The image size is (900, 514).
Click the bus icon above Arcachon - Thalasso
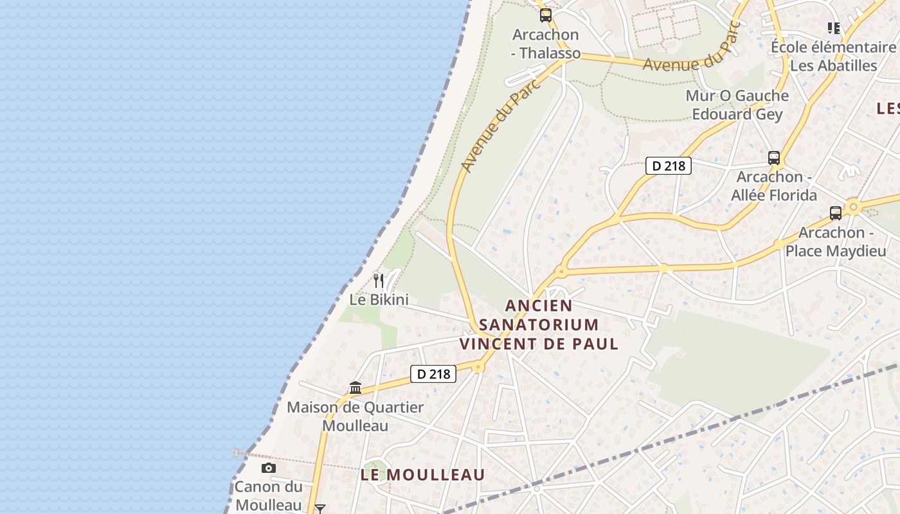(545, 15)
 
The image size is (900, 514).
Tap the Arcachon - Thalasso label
(546, 44)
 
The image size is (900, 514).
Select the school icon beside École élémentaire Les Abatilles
(833, 28)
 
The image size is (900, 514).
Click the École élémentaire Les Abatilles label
(833, 57)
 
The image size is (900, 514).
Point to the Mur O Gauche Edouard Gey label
(737, 105)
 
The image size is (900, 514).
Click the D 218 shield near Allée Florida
(668, 166)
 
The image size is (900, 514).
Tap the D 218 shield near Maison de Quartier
(433, 373)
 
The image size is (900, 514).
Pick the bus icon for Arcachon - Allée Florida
(774, 158)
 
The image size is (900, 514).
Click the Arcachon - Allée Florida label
(774, 186)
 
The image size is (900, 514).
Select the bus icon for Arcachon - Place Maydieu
(835, 213)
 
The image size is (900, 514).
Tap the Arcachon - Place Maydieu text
(835, 242)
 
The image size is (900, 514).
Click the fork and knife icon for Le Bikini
(379, 281)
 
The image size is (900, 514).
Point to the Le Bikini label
(379, 299)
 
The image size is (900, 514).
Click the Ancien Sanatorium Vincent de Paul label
(539, 324)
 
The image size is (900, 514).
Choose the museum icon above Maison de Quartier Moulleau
(355, 388)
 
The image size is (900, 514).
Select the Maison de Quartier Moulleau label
(355, 416)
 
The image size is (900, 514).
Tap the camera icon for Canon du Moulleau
(269, 468)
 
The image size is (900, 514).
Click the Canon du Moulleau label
(268, 495)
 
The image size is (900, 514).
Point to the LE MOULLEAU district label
(422, 475)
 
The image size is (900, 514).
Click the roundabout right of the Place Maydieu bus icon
(854, 207)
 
